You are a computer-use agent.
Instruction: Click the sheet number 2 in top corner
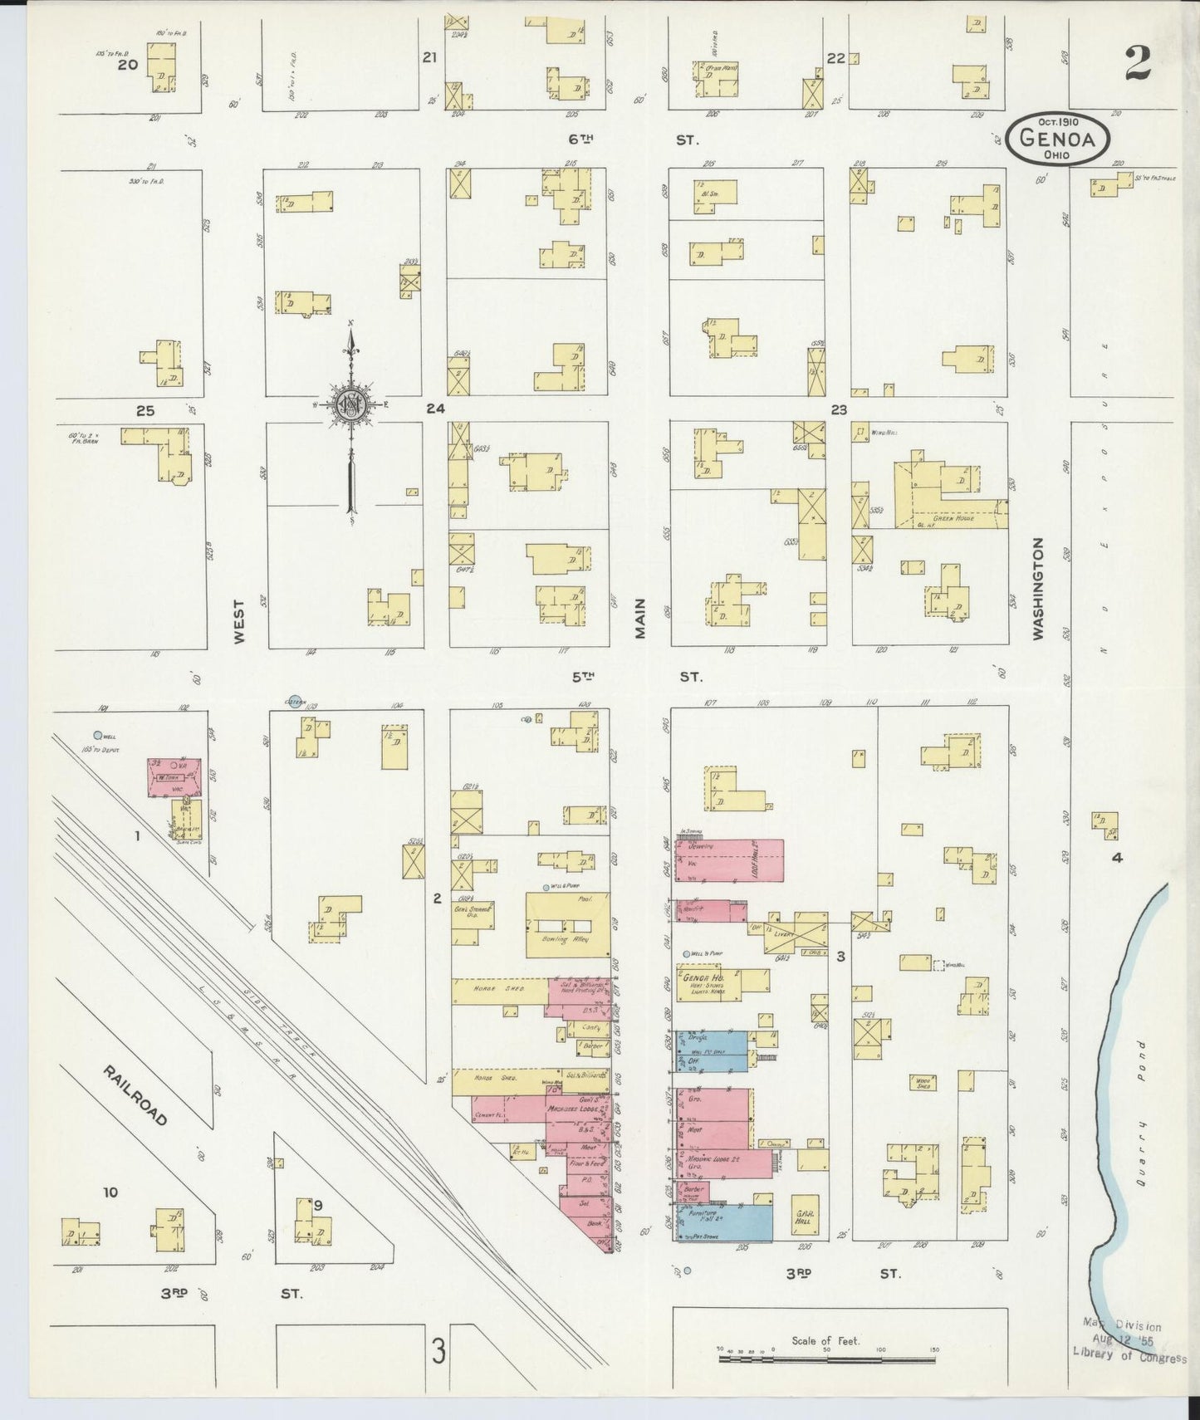click(x=1138, y=62)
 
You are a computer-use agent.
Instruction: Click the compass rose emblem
click(x=352, y=405)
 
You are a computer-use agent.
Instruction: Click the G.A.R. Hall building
click(x=803, y=1224)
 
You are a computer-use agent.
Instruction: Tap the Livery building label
click(x=784, y=934)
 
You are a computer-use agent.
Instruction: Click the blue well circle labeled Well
click(x=98, y=735)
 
